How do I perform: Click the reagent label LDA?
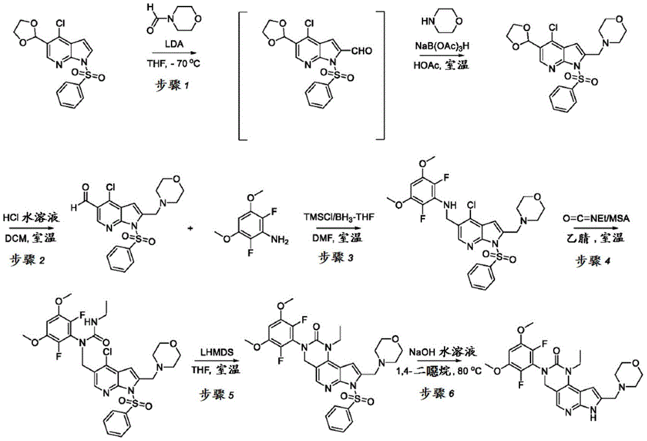point(174,44)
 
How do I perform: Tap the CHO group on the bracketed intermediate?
point(362,50)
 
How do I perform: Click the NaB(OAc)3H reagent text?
point(442,46)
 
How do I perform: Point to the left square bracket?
point(242,76)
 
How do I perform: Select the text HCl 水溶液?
point(31,217)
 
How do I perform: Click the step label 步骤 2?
point(28,261)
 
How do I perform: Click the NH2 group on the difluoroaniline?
point(280,241)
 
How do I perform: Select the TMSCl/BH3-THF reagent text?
point(338,216)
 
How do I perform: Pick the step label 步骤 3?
point(336,257)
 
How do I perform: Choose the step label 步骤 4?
point(593,261)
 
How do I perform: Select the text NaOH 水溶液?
point(443,352)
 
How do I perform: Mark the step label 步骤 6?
point(437,394)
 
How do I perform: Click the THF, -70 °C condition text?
point(173,64)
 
